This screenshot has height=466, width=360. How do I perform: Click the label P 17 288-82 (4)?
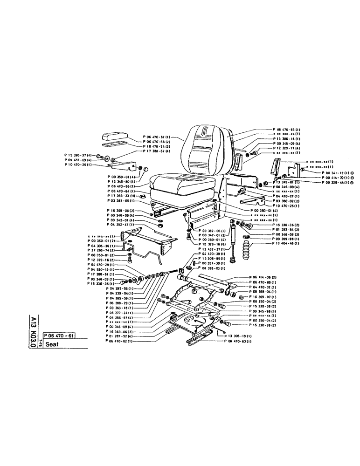[x=159, y=151]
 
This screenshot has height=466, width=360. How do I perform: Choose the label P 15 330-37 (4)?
[x=79, y=154]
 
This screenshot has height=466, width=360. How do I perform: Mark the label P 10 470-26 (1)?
[x=78, y=164]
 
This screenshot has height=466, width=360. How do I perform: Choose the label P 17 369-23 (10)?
[x=121, y=196]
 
